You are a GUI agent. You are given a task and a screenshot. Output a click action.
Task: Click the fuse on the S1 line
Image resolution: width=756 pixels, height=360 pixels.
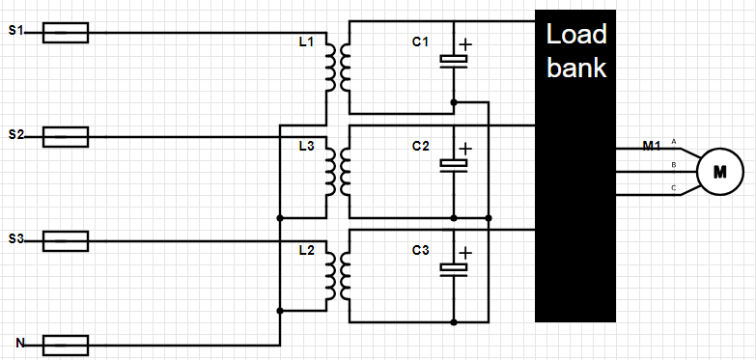[66, 33]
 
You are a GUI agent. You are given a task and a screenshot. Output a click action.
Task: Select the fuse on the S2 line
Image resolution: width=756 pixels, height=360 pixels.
[66, 137]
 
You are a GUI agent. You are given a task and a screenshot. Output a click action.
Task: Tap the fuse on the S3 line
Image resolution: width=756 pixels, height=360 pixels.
[66, 241]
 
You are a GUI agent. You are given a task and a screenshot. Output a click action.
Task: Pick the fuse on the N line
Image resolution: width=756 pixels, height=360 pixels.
[66, 346]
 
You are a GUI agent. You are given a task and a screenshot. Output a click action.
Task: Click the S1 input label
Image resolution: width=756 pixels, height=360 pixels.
[15, 31]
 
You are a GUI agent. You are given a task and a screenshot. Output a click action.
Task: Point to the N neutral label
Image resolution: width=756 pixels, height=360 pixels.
[20, 344]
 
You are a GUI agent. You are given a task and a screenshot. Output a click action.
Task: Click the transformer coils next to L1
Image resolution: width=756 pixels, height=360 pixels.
[338, 68]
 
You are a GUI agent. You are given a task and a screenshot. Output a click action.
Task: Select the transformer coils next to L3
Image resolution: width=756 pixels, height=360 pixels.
[338, 172]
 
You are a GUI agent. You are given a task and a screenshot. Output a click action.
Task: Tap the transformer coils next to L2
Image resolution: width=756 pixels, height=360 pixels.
[338, 276]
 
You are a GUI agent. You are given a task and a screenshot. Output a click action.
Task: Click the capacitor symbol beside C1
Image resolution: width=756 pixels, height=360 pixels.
[454, 61]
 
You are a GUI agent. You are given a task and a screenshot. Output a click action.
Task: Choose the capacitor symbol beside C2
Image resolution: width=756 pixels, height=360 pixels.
[454, 165]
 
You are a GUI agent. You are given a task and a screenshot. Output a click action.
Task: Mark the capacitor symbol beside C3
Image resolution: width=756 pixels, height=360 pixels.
[454, 269]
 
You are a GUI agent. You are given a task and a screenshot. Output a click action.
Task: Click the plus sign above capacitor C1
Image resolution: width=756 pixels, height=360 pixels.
[465, 44]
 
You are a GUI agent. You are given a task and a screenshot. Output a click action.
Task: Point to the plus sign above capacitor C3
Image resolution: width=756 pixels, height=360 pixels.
[465, 253]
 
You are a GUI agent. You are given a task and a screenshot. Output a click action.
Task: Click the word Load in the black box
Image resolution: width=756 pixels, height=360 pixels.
[576, 35]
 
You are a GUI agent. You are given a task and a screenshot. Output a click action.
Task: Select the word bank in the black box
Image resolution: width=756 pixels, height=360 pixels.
[576, 68]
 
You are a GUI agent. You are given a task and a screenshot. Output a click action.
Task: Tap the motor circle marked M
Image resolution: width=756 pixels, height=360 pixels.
[720, 172]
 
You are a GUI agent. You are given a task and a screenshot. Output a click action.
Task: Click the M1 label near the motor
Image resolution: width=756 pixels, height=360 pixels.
[652, 146]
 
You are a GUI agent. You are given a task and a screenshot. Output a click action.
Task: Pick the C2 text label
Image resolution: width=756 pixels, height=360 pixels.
[420, 146]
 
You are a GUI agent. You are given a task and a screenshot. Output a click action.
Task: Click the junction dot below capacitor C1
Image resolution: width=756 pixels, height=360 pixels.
[454, 102]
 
